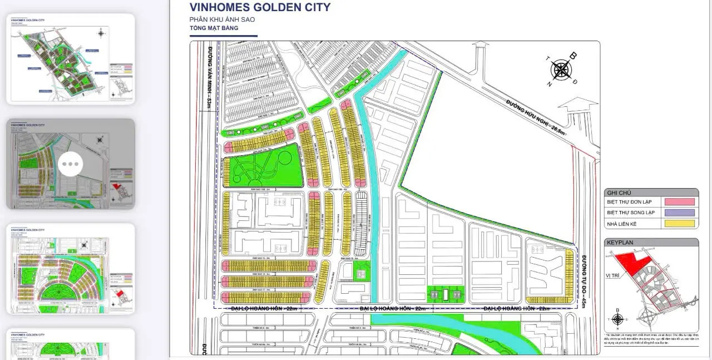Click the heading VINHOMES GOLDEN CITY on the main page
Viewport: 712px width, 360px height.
point(260,8)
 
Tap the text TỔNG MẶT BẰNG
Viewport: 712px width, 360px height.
point(214,28)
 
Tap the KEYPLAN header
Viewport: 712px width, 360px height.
point(620,243)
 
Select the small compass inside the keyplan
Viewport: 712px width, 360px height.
point(617,319)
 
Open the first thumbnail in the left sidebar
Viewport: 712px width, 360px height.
point(71,59)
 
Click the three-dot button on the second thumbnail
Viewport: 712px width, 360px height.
point(71,164)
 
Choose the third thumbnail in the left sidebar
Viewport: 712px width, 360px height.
point(71,269)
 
